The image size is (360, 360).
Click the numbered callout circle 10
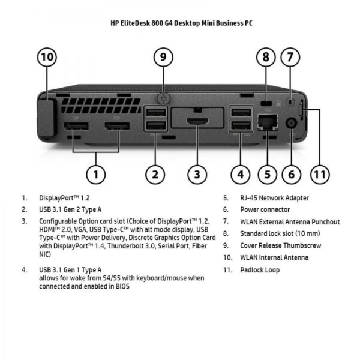click(x=47, y=58)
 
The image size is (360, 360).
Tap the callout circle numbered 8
click(x=266, y=58)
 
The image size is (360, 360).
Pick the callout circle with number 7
click(x=290, y=58)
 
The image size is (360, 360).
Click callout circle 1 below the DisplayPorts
click(x=96, y=175)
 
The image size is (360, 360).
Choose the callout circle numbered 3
click(x=197, y=175)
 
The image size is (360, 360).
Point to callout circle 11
click(x=320, y=175)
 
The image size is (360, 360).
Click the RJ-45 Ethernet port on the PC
click(x=266, y=122)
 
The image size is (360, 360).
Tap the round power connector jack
click(x=292, y=122)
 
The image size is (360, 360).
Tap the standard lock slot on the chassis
click(x=266, y=101)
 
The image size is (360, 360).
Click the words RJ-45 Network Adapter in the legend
click(x=275, y=197)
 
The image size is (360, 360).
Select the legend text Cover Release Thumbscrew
click(x=280, y=245)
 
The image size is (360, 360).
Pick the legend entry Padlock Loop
click(x=260, y=270)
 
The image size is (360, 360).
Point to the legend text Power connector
click(x=265, y=209)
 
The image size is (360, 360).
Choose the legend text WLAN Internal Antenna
click(x=274, y=257)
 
